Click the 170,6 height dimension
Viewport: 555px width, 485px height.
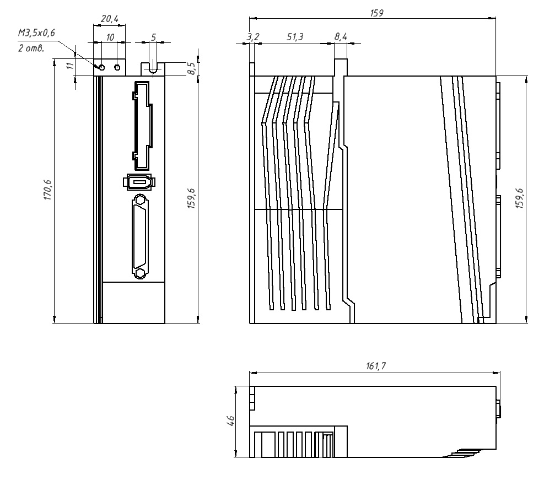pos(49,191)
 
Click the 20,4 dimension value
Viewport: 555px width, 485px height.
pos(109,19)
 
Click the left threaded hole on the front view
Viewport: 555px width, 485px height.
pos(101,67)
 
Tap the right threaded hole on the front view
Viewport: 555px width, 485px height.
pos(117,67)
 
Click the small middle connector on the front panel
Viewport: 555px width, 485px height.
pos(138,182)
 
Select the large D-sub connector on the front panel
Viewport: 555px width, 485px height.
pos(141,236)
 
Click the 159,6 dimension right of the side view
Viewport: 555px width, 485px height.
pos(519,198)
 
